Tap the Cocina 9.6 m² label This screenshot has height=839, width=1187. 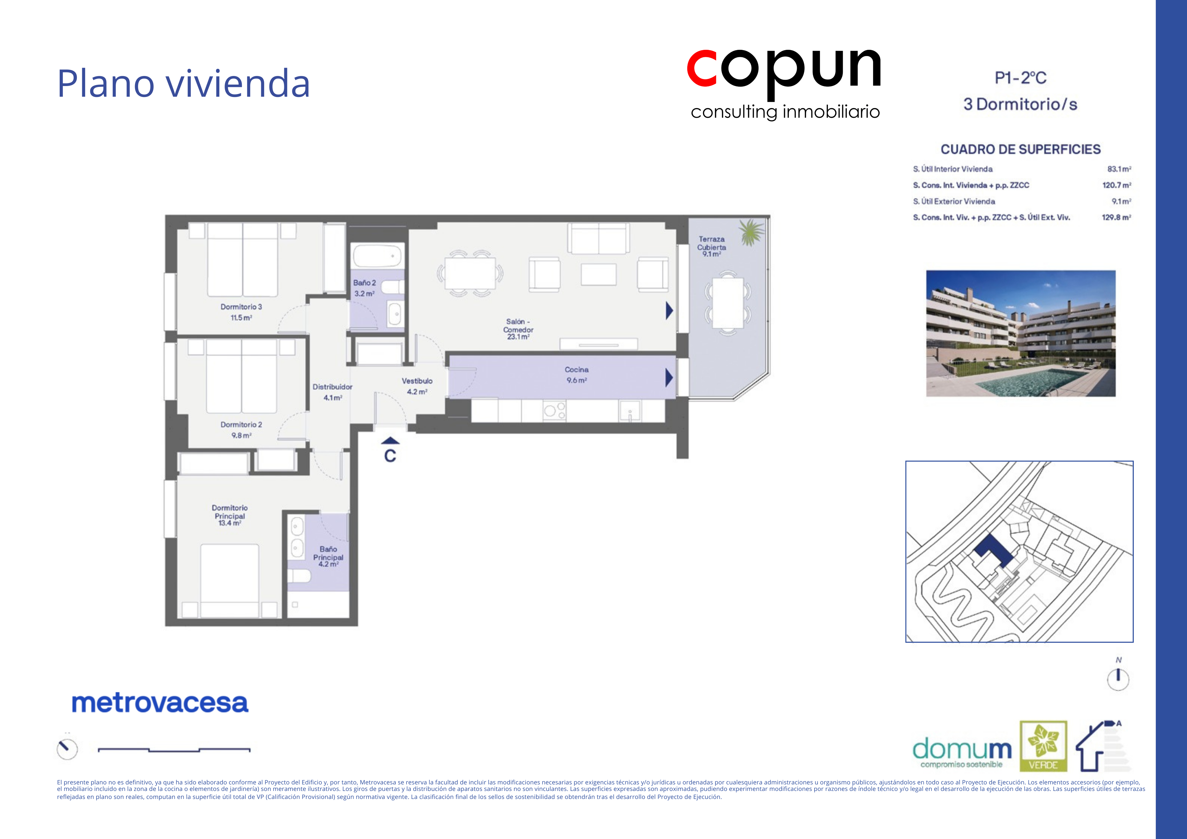(x=577, y=375)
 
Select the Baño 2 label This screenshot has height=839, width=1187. (x=364, y=288)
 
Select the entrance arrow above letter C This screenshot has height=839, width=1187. (x=390, y=441)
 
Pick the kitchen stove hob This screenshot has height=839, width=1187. (x=554, y=411)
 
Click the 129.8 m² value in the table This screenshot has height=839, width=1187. (x=1116, y=217)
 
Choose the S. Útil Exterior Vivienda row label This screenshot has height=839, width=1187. (x=954, y=201)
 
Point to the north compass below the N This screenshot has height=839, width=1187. (x=1118, y=679)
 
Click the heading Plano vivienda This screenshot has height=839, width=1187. (x=183, y=83)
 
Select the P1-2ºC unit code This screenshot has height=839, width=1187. (x=1021, y=78)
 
